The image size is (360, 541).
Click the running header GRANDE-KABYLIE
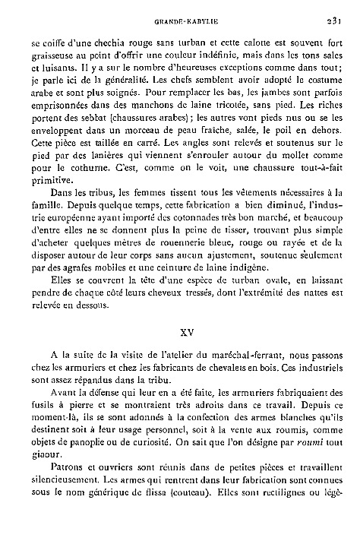click(181, 21)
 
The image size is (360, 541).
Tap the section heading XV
click(181, 331)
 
